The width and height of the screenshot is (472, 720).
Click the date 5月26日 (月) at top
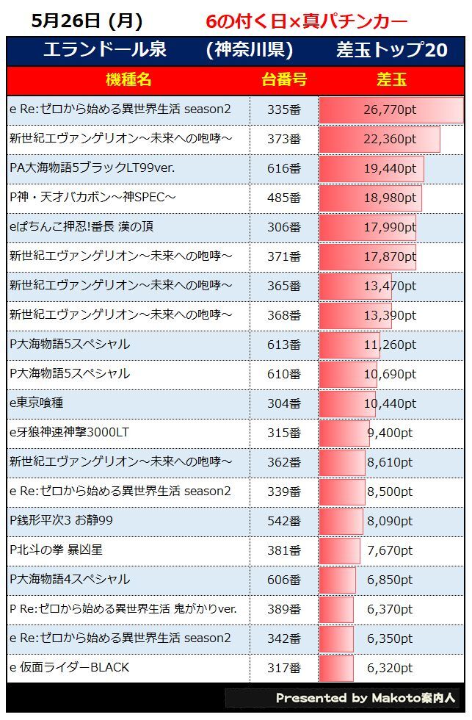(87, 21)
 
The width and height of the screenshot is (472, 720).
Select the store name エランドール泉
(104, 50)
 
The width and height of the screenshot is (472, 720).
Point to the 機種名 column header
(128, 80)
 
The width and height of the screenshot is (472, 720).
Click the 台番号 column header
(283, 80)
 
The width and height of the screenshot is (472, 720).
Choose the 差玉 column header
(391, 80)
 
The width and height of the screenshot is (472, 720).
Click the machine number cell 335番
(283, 109)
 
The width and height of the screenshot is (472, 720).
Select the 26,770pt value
(390, 109)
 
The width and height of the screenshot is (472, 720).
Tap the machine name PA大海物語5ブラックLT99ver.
(92, 168)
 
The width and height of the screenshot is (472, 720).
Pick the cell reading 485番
(283, 198)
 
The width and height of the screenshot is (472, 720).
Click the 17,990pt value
(390, 227)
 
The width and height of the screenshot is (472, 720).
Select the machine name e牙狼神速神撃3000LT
(69, 433)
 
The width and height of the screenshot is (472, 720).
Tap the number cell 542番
(283, 521)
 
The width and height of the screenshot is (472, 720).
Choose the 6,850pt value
(390, 580)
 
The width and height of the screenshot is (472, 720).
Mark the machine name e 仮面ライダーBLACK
(69, 668)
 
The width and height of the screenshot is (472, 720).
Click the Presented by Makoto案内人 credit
(365, 698)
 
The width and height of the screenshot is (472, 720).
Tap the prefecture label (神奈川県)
(250, 50)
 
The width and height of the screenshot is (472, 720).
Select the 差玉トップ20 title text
(391, 50)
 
